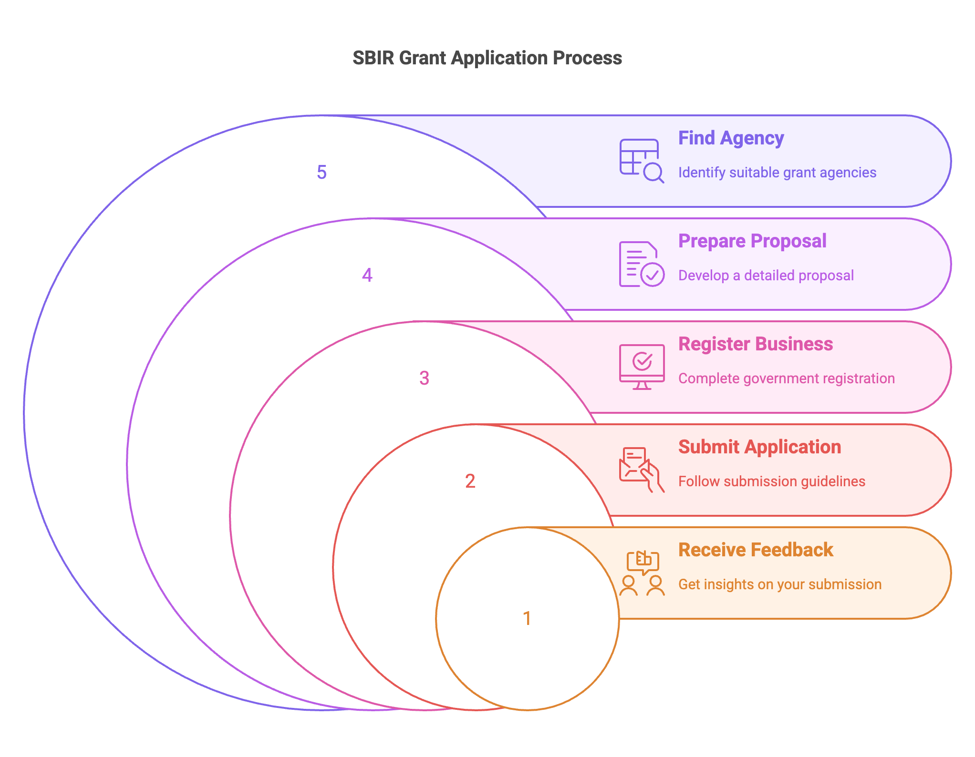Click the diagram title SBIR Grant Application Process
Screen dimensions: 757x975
[487, 58]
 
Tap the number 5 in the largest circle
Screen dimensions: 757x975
[322, 172]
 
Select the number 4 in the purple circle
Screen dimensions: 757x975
[367, 275]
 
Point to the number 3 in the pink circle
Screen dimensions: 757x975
[424, 378]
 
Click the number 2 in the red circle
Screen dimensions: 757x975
[470, 481]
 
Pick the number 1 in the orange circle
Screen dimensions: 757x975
[527, 618]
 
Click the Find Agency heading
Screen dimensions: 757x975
[731, 138]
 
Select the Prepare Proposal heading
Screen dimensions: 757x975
[752, 241]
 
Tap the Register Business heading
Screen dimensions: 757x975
[756, 344]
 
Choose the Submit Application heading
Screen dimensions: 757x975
[759, 447]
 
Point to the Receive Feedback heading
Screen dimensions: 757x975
[756, 550]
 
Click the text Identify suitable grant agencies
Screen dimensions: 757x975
[777, 173]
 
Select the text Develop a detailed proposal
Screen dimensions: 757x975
[766, 276]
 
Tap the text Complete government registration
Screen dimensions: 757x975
[786, 378]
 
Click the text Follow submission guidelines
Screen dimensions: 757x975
[771, 481]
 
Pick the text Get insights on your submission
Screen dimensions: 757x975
[779, 584]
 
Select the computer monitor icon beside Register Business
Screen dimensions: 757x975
[642, 367]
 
